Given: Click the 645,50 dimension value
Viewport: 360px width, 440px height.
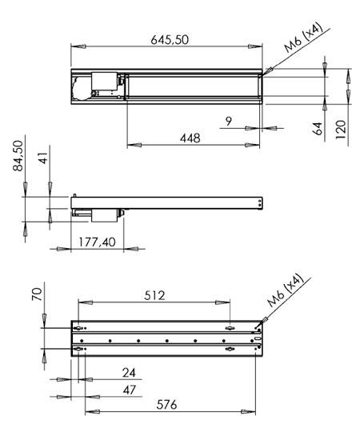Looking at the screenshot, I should point(170,40).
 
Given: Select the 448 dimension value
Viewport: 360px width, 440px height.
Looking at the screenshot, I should point(189,138).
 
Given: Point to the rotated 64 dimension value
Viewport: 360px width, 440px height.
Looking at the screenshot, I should point(318,129).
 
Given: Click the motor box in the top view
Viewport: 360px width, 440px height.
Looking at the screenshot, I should point(106,82).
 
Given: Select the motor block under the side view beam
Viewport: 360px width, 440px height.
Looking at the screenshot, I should point(104,215).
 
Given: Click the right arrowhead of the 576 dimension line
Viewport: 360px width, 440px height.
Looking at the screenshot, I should point(255,411).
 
